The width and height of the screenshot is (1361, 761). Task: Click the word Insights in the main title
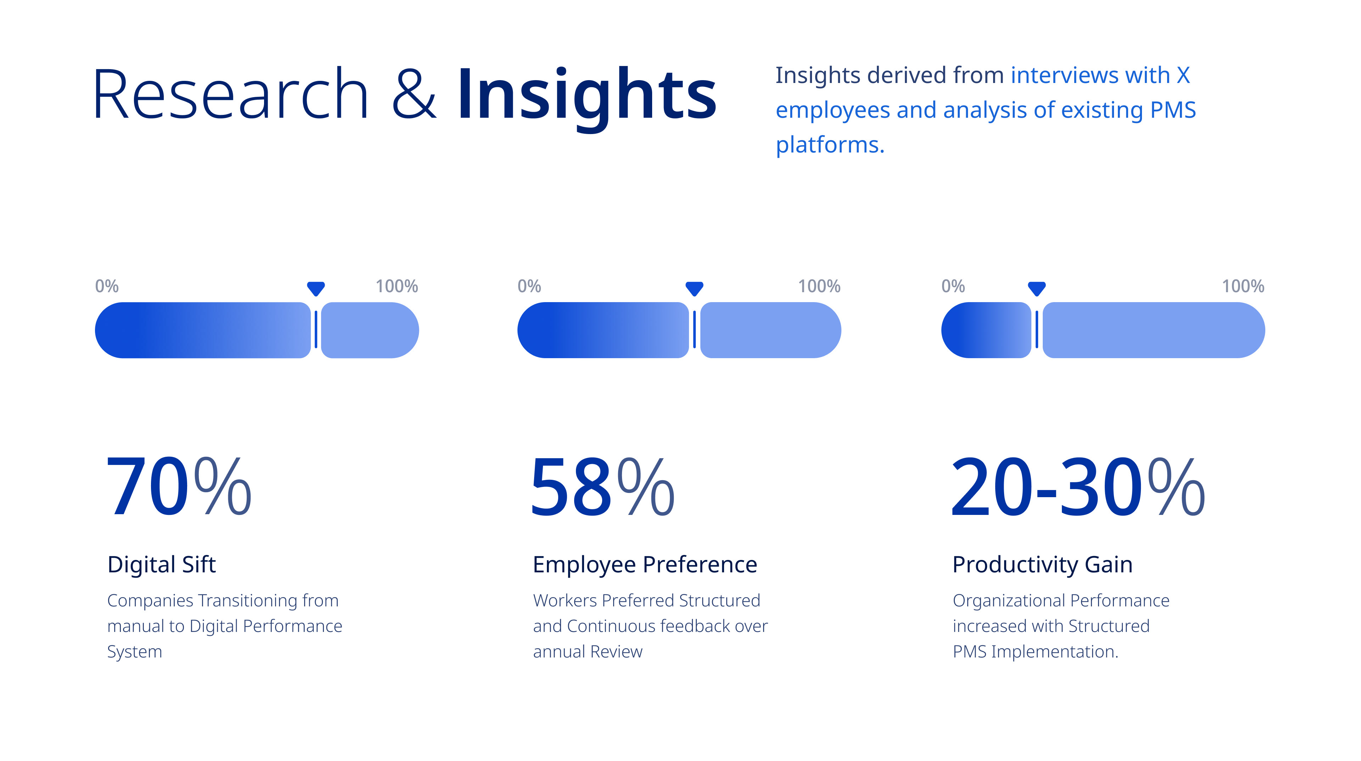tap(587, 98)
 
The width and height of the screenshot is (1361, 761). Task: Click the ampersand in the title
tap(414, 94)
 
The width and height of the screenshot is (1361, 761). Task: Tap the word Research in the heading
tap(230, 94)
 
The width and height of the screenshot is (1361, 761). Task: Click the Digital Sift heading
tap(162, 565)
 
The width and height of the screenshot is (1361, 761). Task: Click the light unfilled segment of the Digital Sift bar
tap(370, 330)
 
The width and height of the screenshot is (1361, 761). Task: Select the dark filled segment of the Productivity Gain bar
tap(986, 330)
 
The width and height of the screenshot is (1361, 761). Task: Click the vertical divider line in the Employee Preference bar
tap(694, 330)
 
